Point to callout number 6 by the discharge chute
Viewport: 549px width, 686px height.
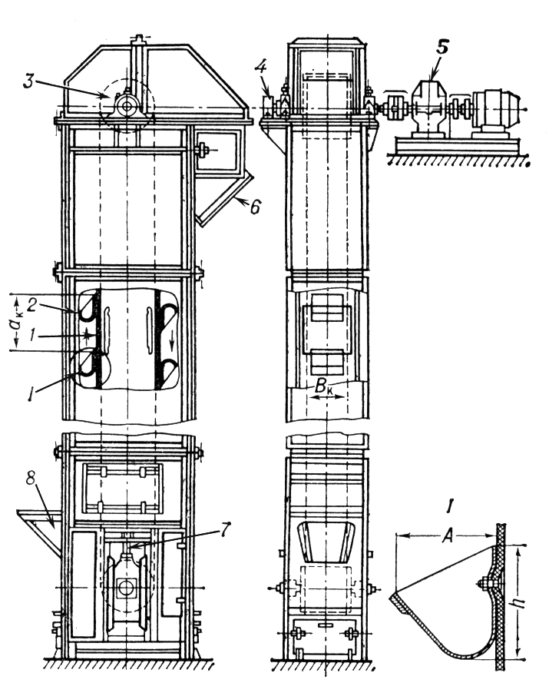coord(253,205)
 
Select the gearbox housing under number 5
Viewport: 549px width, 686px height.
coord(431,108)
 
